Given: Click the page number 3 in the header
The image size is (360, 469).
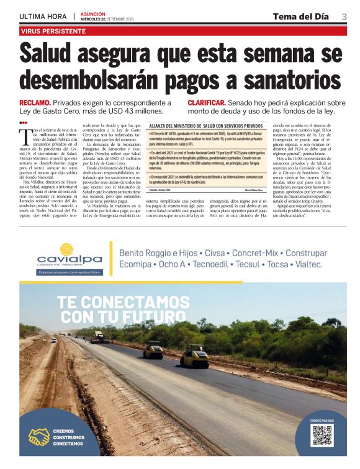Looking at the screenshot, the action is tap(344, 17).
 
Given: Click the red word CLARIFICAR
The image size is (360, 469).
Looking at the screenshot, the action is tap(206, 102).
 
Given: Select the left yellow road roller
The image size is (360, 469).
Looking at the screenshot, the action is tap(153, 351).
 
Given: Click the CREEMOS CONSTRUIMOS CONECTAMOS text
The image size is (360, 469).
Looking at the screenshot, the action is tap(69, 437).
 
